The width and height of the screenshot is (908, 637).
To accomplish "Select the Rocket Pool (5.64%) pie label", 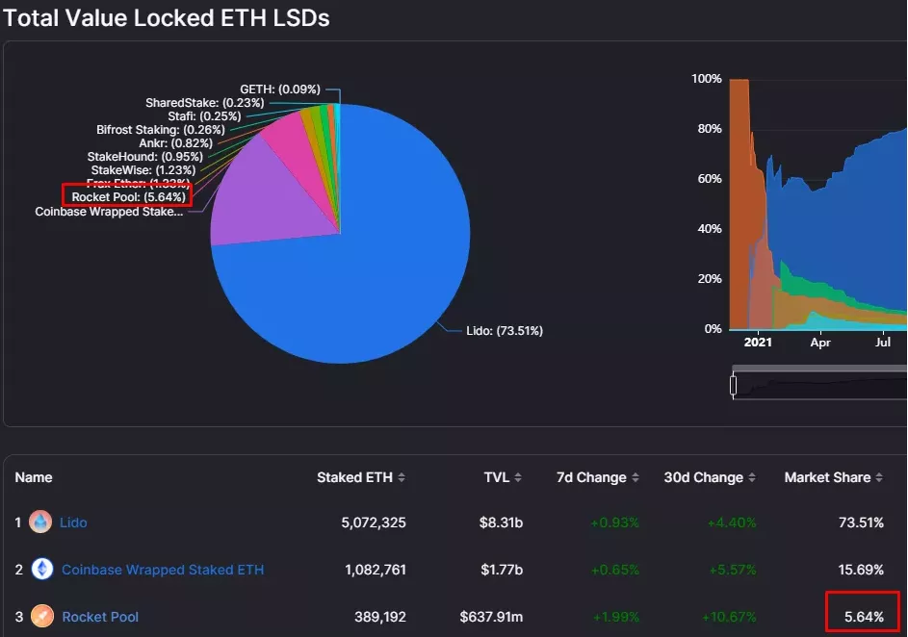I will click(129, 197).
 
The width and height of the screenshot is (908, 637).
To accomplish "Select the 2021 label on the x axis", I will click(758, 342).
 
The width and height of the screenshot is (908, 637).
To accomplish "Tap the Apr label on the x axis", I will click(820, 342).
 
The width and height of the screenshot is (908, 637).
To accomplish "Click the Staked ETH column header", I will click(354, 477).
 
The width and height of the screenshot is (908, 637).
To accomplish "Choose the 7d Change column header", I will click(591, 477).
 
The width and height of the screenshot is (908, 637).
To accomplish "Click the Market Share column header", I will click(827, 477).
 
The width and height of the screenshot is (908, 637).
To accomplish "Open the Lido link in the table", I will click(73, 522).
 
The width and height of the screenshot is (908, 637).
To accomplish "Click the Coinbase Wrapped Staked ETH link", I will click(163, 570).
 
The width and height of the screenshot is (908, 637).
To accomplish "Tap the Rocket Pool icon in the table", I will click(41, 616).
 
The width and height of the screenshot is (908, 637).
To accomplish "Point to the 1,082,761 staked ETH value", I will click(376, 570).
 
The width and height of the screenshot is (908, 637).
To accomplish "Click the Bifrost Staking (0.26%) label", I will click(161, 130).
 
